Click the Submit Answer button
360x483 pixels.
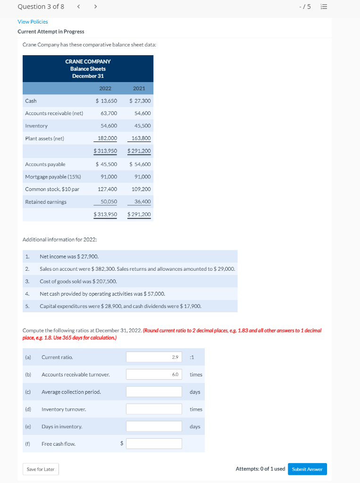click(307, 469)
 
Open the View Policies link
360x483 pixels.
click(33, 22)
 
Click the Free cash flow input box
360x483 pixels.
click(154, 444)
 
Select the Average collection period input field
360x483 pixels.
click(154, 392)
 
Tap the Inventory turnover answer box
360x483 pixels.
click(154, 409)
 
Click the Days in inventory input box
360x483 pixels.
click(154, 426)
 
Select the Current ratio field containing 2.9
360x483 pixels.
click(154, 357)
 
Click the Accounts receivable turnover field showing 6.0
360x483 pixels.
click(154, 375)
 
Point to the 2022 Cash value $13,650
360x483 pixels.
click(106, 101)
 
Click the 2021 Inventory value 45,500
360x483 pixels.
click(142, 126)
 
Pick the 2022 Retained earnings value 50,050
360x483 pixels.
click(109, 202)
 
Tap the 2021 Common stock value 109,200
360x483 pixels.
click(141, 189)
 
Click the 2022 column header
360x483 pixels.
click(105, 88)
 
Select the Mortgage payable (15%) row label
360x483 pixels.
click(53, 177)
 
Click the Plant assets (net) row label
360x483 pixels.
click(44, 139)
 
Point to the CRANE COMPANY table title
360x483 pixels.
click(88, 62)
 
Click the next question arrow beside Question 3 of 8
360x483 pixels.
click(95, 7)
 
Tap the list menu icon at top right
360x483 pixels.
click(324, 7)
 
